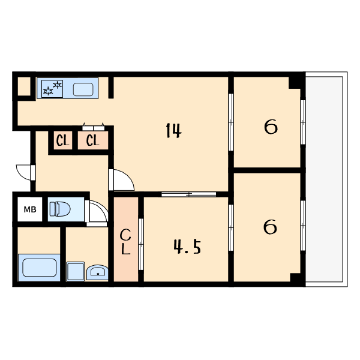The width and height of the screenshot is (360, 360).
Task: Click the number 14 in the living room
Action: pos(173,130)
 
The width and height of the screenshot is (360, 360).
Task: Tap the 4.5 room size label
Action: pos(187,247)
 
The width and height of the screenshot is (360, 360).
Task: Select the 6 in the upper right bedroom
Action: pos(271,127)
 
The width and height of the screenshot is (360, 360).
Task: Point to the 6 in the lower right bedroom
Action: pos(270,227)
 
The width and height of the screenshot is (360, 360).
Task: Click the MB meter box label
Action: pos(30,209)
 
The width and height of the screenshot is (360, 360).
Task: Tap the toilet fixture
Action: pos(60,209)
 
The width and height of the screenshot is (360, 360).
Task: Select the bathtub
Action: pos(39,268)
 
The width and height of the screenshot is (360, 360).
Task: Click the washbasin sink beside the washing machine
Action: pos(97,272)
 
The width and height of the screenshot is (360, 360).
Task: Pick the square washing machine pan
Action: pos(76,271)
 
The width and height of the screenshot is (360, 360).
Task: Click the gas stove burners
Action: pos(52,88)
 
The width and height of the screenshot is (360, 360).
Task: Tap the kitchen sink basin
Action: pos(83,89)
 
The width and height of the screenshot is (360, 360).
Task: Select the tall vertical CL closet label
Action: pos(125,242)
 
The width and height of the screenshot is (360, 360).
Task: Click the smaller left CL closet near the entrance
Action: pos(62,140)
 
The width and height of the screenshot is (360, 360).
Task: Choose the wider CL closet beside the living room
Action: pos(93,140)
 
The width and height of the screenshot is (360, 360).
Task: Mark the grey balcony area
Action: pos(326,179)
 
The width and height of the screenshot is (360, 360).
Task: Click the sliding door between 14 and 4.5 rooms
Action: pos(189,194)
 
